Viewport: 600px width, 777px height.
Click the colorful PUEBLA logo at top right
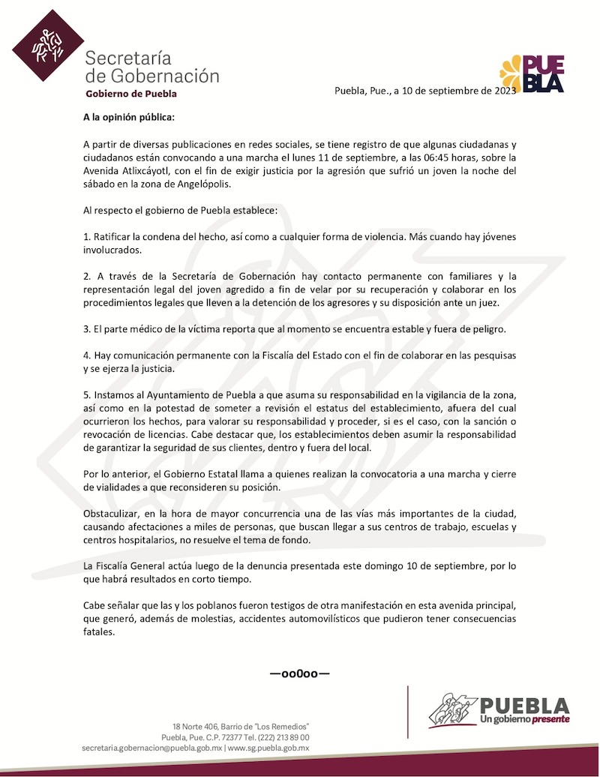[532, 74]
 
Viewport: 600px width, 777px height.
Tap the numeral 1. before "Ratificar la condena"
[86, 236]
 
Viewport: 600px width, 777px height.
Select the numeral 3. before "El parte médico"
[86, 328]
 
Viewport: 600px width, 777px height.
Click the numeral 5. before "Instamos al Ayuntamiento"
[86, 394]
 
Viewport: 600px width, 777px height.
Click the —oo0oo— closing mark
[300, 673]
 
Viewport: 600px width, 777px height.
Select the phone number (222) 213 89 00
[277, 737]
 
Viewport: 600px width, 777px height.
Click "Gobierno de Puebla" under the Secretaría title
[131, 94]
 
